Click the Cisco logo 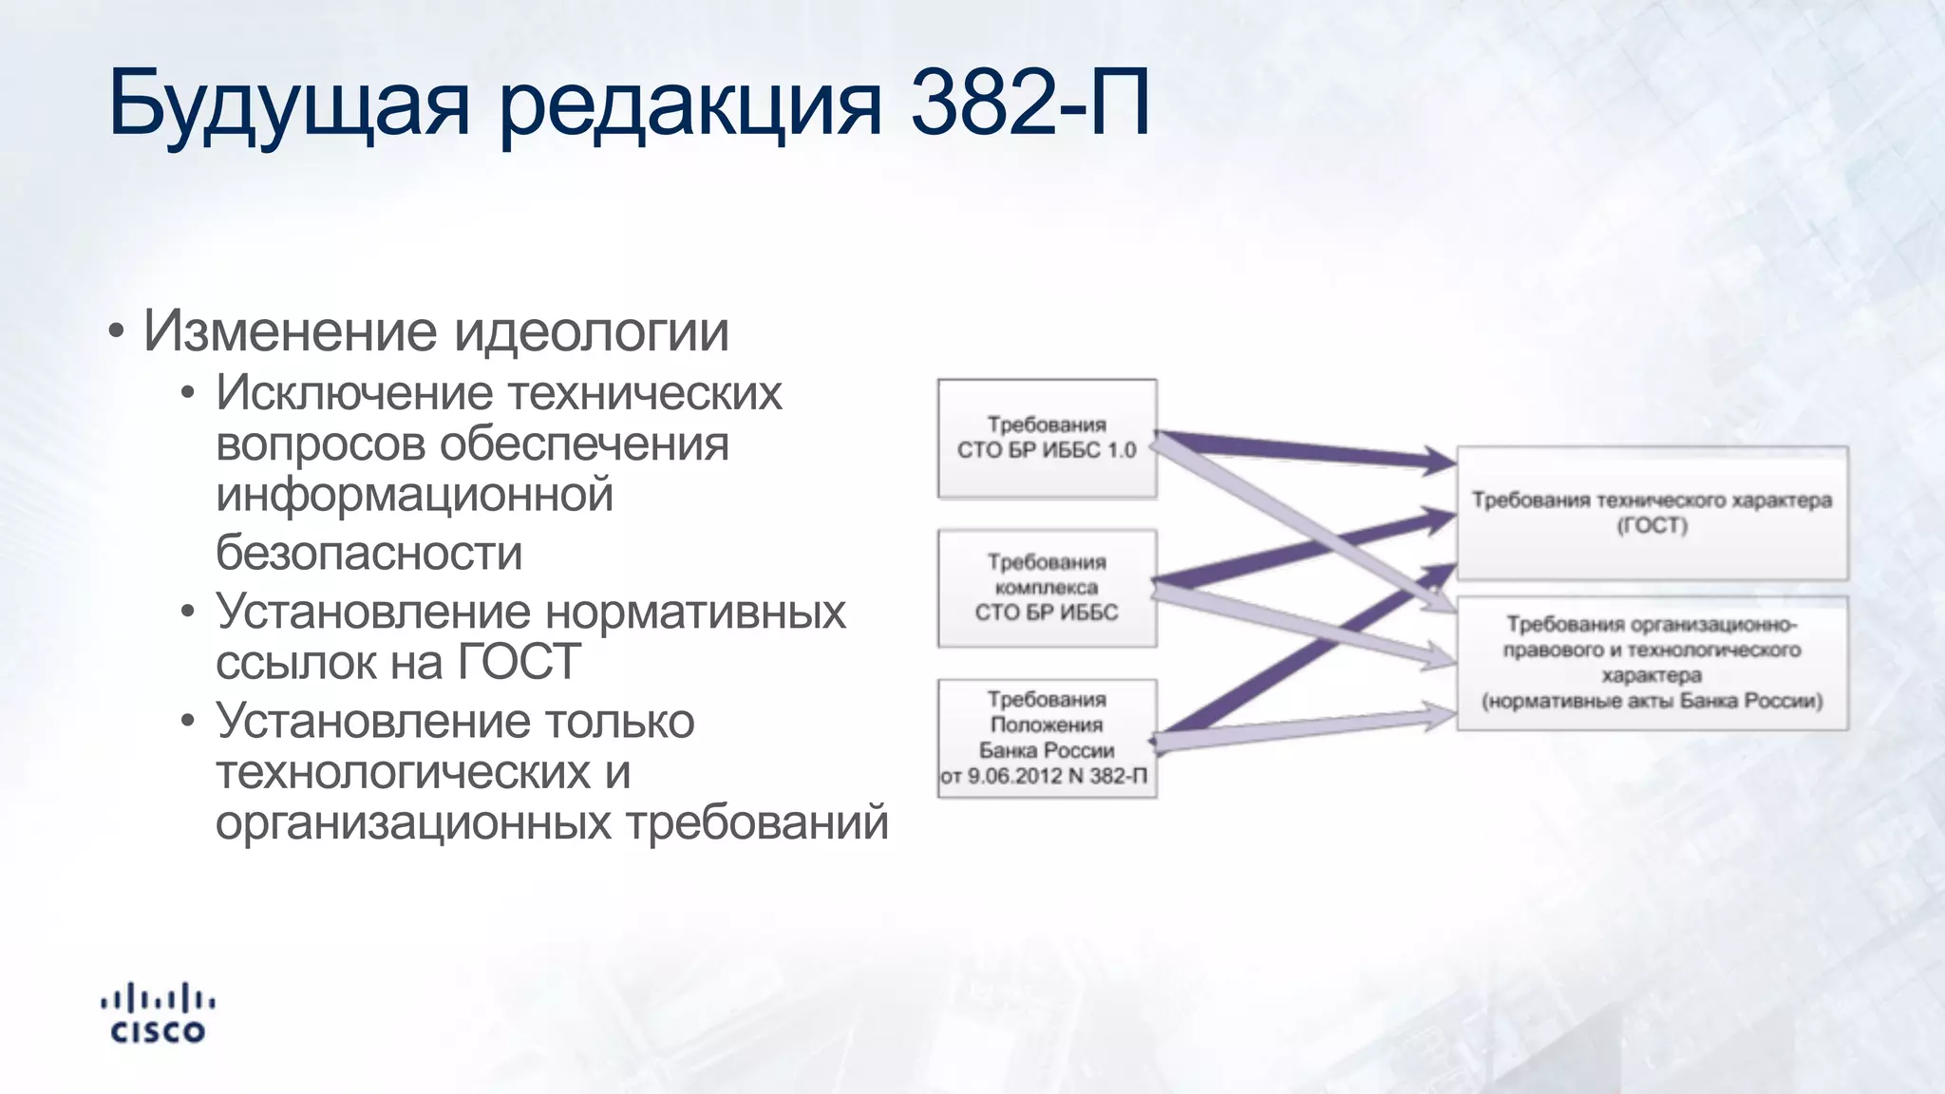pyautogui.click(x=158, y=1013)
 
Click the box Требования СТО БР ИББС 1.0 pyautogui.click(x=1047, y=438)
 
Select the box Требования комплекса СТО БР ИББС pyautogui.click(x=1047, y=588)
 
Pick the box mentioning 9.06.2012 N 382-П pyautogui.click(x=1047, y=738)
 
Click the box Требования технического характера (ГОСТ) pyautogui.click(x=1652, y=513)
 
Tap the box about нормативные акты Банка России pyautogui.click(x=1652, y=663)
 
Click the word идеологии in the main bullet pyautogui.click(x=591, y=331)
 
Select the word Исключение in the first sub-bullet pyautogui.click(x=354, y=393)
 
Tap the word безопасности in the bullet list pyautogui.click(x=368, y=553)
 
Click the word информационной pyautogui.click(x=414, y=496)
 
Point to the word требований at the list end pyautogui.click(x=756, y=822)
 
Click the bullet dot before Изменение pyautogui.click(x=116, y=332)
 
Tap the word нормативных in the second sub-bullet pyautogui.click(x=695, y=613)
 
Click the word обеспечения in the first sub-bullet pyautogui.click(x=584, y=444)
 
